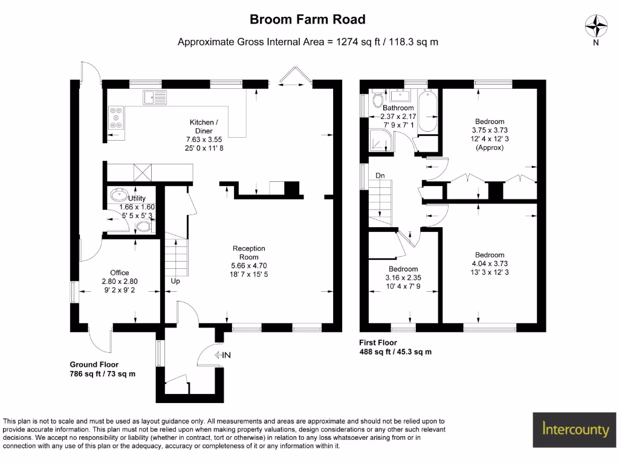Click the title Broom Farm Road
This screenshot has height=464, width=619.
pos(308,19)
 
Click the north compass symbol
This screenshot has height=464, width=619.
pos(596,27)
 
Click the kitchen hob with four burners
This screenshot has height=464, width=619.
pos(116,118)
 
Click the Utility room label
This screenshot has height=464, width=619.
pos(137,198)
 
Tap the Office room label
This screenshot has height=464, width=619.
pos(119,273)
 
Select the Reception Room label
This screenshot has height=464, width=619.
pos(250,253)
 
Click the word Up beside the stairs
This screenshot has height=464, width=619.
pos(175,282)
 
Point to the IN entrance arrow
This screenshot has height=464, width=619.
pos(222,355)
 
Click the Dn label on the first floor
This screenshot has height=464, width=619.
pos(380,176)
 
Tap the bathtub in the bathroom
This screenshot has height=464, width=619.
pos(428,110)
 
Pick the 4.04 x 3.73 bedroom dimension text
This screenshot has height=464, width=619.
pos(489,263)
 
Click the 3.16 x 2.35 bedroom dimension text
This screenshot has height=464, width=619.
pos(403,278)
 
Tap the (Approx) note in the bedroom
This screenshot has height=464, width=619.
pos(489,147)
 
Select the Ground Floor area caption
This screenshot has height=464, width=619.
pos(102,369)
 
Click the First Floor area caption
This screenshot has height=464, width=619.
pos(395,347)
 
